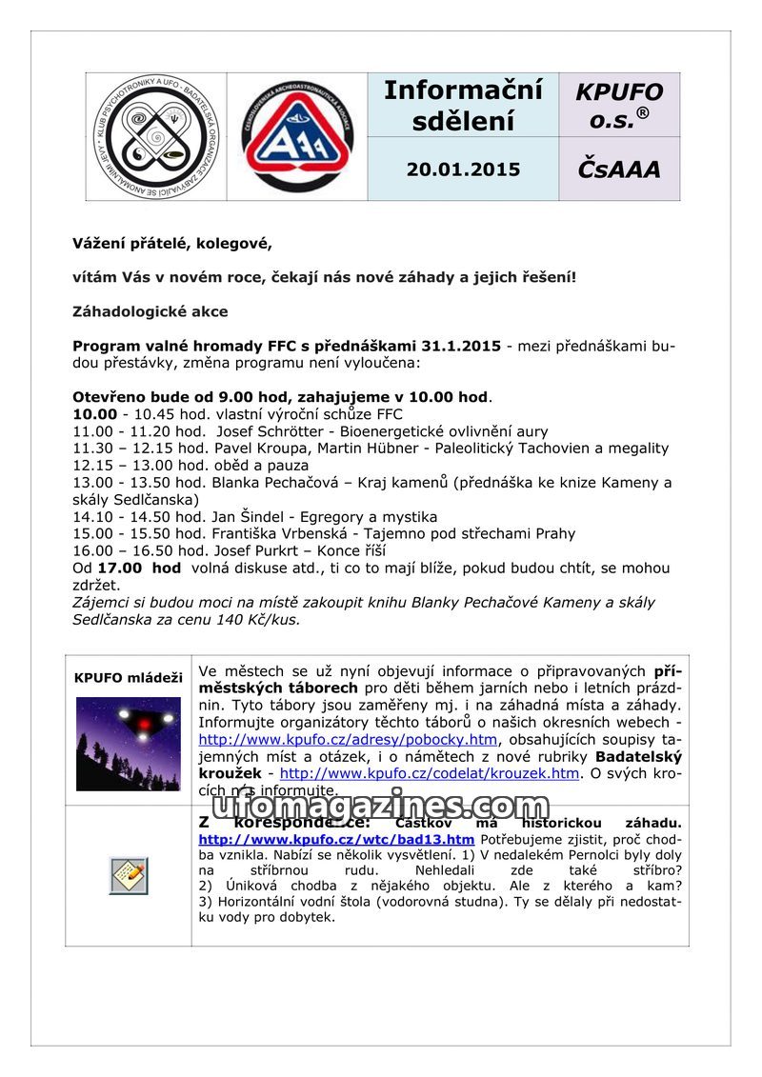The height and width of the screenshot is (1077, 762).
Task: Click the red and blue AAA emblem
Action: (296, 136)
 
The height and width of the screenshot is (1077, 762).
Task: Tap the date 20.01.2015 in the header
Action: (463, 170)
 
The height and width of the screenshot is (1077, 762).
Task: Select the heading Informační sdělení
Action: (463, 106)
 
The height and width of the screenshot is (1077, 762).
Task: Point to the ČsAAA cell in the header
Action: (619, 170)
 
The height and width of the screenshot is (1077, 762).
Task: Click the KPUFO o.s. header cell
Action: (619, 106)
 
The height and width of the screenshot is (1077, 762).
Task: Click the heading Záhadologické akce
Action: (150, 311)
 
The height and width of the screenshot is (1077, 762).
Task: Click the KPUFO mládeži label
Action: (129, 678)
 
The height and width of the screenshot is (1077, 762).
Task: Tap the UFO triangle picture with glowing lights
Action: (129, 744)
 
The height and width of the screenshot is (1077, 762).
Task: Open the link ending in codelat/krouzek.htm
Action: (429, 773)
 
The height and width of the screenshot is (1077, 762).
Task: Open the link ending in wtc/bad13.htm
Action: (336, 840)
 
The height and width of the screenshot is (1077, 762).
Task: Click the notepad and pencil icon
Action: (129, 875)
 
